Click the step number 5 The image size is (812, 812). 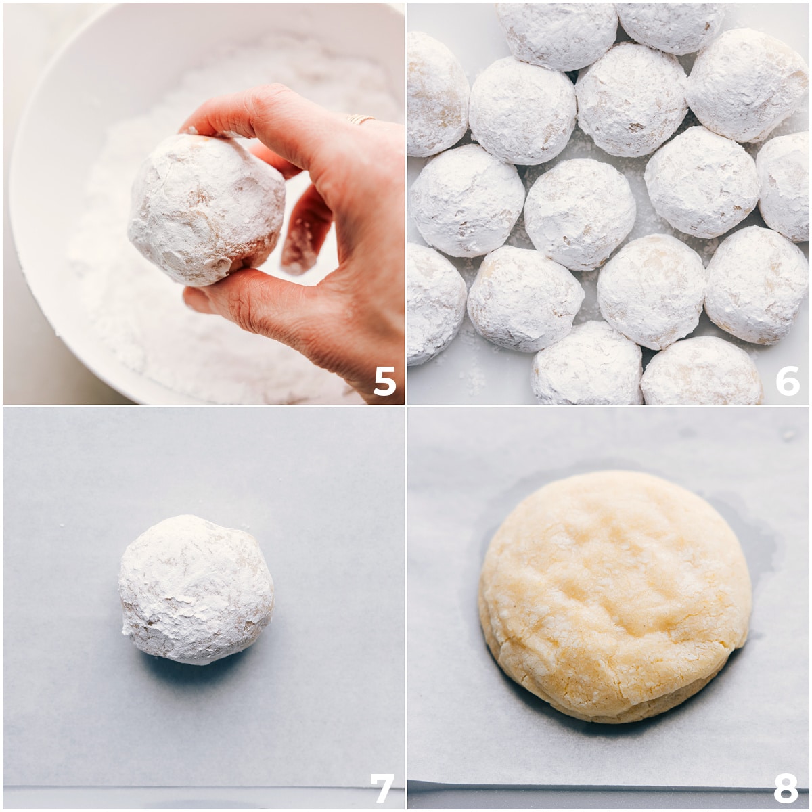coord(384,382)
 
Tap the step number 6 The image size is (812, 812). coord(787,382)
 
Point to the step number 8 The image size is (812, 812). coord(786,788)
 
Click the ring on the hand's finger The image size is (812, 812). coord(361,120)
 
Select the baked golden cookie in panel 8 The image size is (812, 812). coord(614,595)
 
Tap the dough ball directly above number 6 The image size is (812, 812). coord(756,284)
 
